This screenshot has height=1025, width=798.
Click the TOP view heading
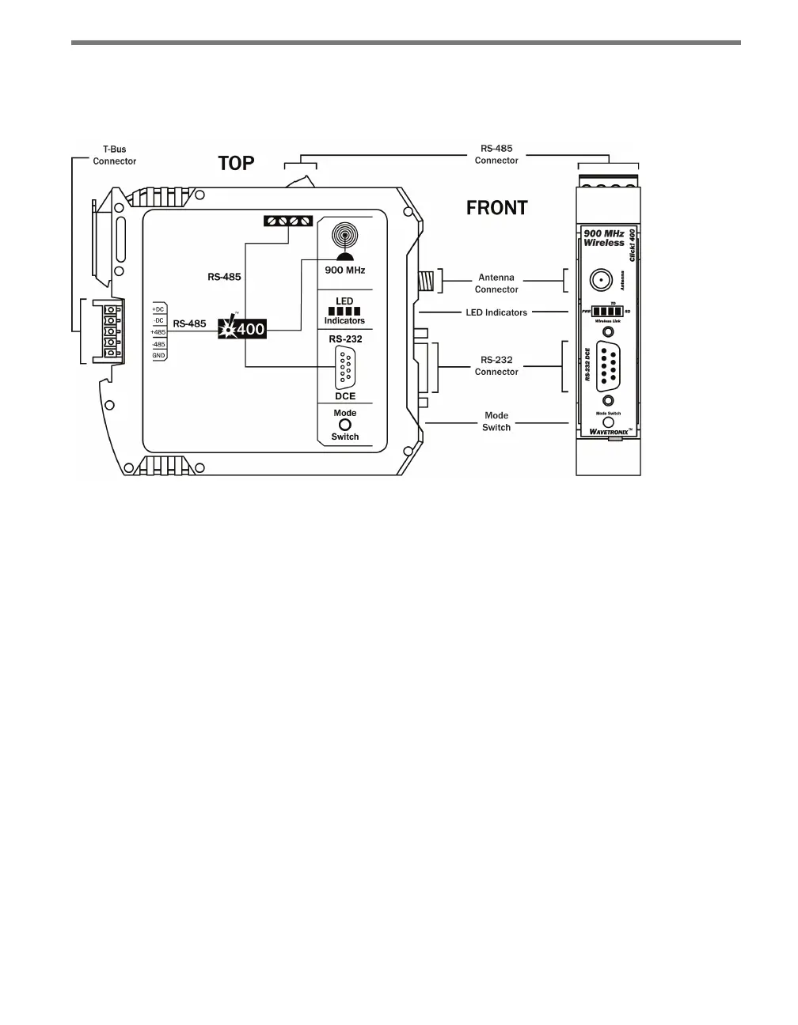pos(236,164)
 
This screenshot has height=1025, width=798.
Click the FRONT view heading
pos(496,208)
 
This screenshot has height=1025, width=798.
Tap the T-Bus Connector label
pos(115,155)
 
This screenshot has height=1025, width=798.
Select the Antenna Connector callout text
pos(496,283)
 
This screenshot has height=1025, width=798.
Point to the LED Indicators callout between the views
pos(496,312)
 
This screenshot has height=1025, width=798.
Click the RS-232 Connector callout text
pos(496,365)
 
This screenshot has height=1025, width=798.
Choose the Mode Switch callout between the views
pos(496,421)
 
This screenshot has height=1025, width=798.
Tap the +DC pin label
pos(158,308)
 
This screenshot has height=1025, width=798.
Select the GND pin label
pos(158,356)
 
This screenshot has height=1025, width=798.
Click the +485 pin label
pos(158,332)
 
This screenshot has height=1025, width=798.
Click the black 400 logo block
pos(242,328)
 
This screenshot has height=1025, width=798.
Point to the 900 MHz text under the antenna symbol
pos(345,270)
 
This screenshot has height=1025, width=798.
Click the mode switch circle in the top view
pos(345,425)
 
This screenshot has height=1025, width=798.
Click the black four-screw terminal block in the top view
pos(288,221)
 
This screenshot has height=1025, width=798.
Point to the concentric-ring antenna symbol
pos(345,236)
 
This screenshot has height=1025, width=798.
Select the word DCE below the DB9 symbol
pos(345,396)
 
